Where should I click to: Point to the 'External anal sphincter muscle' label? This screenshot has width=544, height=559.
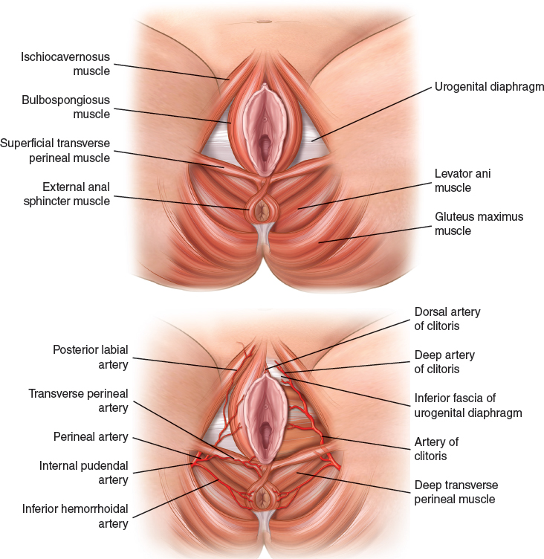click(x=66, y=194)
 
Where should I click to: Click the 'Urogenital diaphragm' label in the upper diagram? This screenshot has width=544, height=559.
click(x=489, y=86)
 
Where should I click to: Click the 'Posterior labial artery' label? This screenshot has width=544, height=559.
click(x=91, y=357)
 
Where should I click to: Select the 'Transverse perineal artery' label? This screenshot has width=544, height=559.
click(x=78, y=400)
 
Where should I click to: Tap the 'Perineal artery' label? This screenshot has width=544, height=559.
click(x=91, y=437)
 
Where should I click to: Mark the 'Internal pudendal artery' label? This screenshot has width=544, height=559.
click(x=84, y=473)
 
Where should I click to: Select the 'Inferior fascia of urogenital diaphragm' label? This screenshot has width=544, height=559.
click(x=467, y=405)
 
